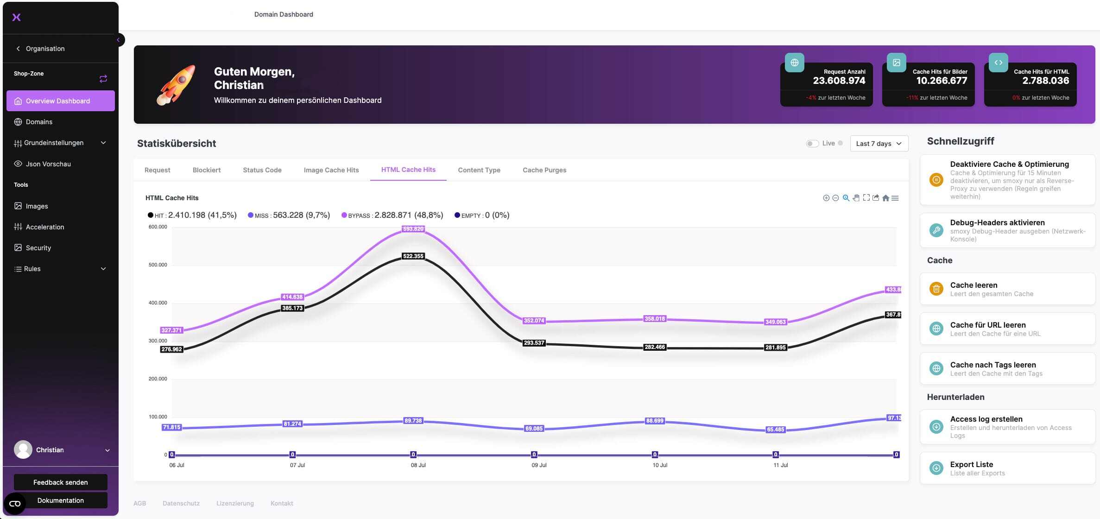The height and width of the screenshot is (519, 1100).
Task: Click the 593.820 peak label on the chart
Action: click(x=413, y=229)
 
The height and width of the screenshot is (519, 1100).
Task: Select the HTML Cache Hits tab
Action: click(x=408, y=170)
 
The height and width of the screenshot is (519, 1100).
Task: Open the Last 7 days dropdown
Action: click(x=879, y=144)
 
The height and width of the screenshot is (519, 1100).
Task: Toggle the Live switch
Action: click(x=812, y=144)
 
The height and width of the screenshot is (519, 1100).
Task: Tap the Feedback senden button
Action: click(x=61, y=482)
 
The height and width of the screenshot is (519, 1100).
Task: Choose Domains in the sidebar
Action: click(x=39, y=122)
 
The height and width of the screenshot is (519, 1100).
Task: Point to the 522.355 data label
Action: click(x=413, y=256)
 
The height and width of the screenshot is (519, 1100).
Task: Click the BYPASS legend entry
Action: click(x=392, y=215)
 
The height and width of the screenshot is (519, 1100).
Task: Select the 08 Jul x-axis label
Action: click(x=418, y=465)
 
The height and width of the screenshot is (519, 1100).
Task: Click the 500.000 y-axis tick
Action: click(x=158, y=265)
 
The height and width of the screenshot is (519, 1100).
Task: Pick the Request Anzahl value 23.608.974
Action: click(x=839, y=81)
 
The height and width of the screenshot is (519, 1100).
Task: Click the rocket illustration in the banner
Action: click(x=177, y=85)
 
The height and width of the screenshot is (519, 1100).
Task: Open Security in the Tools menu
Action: click(x=38, y=248)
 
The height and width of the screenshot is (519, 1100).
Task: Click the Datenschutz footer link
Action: click(x=181, y=503)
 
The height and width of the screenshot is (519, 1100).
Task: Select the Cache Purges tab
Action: click(x=544, y=170)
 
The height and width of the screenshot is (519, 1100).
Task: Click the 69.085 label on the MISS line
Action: click(x=534, y=429)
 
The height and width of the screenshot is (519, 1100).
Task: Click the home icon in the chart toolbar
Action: click(x=885, y=198)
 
